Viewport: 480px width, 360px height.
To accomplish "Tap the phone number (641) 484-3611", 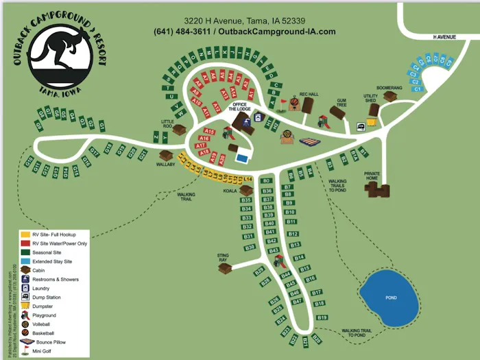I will (182, 32).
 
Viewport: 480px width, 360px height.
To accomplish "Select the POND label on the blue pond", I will (391, 298).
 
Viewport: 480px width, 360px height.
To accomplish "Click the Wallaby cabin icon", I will (165, 155).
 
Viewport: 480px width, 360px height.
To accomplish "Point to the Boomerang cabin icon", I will (390, 97).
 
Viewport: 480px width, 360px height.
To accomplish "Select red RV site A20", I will (221, 158).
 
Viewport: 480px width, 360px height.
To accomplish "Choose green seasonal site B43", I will (274, 251).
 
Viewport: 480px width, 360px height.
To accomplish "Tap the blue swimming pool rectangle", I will (241, 157).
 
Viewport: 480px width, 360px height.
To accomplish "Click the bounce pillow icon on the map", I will (310, 143).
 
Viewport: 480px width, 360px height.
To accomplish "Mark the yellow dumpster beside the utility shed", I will (372, 121).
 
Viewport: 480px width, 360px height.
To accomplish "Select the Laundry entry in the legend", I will (26, 289).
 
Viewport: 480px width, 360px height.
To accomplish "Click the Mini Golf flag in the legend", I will (26, 350).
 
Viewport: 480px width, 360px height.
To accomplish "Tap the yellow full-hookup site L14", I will (248, 180).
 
